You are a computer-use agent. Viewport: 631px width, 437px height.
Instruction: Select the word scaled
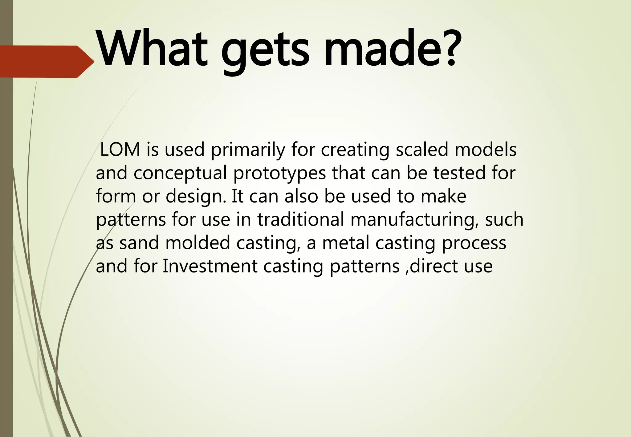pos(421,150)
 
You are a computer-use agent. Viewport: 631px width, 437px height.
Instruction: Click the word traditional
pos(301,219)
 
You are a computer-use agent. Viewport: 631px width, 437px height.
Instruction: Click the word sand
pos(139,243)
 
